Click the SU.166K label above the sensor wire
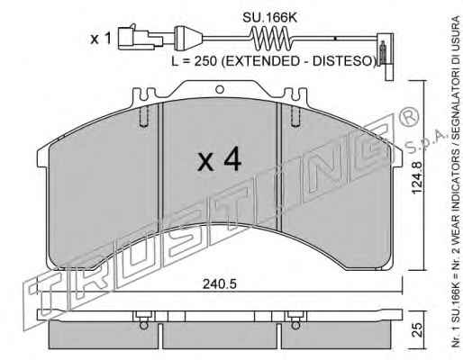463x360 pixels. coord(269,18)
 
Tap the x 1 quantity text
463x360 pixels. coord(101,39)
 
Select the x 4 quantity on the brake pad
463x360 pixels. coord(219,160)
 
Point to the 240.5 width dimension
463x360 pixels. coord(220,284)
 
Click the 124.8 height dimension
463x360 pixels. coord(418,177)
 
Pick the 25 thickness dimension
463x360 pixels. coord(418,329)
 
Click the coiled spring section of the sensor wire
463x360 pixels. coord(272,38)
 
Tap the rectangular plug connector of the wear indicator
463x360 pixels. coord(141,39)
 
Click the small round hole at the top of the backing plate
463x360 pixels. coord(220,89)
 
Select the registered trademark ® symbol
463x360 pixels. coord(408,117)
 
